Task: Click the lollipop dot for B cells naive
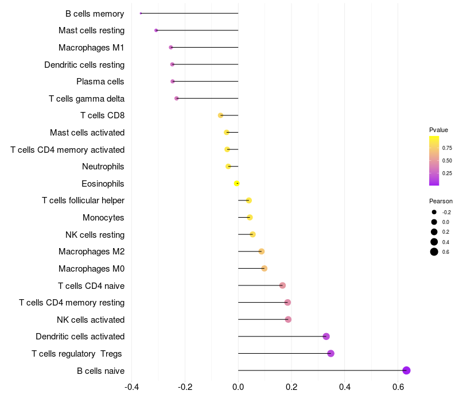(x=406, y=370)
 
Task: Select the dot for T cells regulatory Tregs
(x=330, y=353)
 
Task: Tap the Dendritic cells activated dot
(x=326, y=337)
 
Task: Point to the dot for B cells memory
(x=141, y=13)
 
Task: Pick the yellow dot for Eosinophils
(x=236, y=184)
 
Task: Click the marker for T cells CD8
(x=220, y=115)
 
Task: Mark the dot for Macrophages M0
(x=264, y=268)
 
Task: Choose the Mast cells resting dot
(x=156, y=30)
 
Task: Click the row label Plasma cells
(x=100, y=82)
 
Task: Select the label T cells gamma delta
(x=87, y=99)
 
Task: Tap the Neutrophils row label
(x=103, y=167)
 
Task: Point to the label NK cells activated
(x=91, y=319)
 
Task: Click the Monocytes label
(x=103, y=218)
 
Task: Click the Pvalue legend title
(x=438, y=130)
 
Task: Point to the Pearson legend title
(x=441, y=201)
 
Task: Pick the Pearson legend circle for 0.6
(x=434, y=252)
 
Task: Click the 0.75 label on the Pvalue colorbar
(x=447, y=148)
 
